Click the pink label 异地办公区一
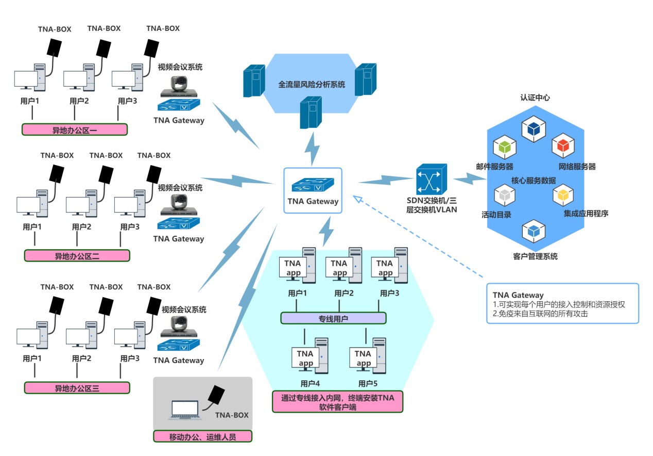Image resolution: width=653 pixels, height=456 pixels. [75, 129]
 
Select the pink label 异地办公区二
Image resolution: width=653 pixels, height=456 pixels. [77, 255]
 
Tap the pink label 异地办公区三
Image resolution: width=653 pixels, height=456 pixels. [77, 388]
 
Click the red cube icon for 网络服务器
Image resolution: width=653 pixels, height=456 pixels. [563, 146]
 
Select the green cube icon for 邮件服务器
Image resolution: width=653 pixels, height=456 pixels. [504, 148]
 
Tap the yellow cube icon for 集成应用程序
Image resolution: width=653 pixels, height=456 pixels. [563, 194]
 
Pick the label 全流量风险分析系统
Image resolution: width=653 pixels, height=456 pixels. [312, 84]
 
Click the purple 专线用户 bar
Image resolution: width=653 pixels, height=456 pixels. [333, 318]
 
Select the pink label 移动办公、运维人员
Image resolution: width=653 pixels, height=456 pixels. [203, 436]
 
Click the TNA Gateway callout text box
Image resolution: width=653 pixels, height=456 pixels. [562, 303]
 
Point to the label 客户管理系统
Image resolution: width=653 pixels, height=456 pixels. [536, 256]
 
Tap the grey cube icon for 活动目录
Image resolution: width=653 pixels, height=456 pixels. [505, 195]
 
